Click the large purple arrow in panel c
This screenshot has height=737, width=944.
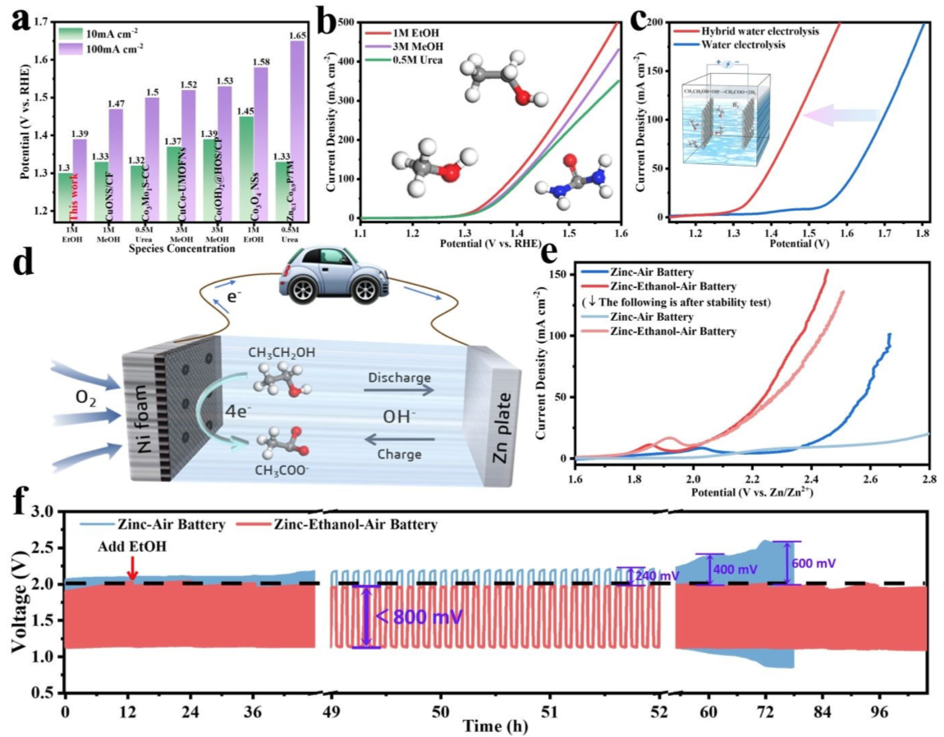841,117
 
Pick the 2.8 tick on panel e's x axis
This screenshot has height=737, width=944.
928,477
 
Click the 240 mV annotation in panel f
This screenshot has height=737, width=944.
658,575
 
